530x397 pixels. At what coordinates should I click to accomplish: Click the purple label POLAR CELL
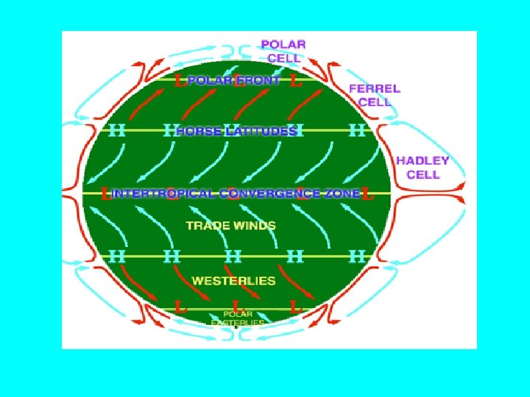[283, 50]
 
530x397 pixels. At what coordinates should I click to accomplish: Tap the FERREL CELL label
[374, 95]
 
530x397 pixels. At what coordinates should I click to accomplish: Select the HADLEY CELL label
[423, 168]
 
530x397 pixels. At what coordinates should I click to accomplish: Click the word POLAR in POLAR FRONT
[209, 80]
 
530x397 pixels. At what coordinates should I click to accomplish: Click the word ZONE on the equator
[344, 194]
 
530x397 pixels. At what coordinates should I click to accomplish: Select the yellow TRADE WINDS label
[230, 226]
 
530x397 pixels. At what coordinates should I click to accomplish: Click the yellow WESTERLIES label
[233, 280]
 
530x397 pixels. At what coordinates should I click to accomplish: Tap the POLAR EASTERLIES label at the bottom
[238, 319]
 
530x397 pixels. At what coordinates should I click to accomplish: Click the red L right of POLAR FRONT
[296, 81]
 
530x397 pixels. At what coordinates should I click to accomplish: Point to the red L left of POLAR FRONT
[179, 81]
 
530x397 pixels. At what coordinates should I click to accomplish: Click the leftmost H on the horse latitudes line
[116, 132]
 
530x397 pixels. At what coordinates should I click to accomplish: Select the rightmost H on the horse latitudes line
[357, 132]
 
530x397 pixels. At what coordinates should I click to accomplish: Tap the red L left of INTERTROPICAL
[106, 195]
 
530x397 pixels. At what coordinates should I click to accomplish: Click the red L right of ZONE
[368, 195]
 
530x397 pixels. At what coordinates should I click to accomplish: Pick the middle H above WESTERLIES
[233, 257]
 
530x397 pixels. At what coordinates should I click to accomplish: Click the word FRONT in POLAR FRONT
[257, 80]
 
